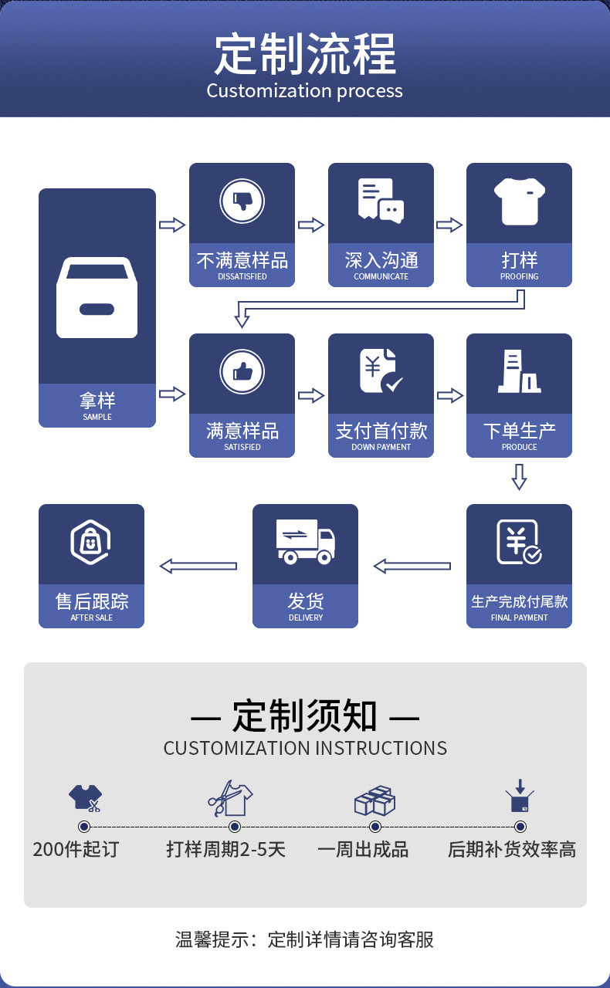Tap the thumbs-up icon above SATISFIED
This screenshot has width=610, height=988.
(242, 372)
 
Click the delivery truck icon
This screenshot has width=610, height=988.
(305, 541)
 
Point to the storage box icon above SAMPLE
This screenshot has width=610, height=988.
(97, 297)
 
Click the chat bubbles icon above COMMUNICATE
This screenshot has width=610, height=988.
(381, 201)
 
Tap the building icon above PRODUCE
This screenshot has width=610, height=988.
(519, 371)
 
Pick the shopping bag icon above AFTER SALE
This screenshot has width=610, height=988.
(91, 541)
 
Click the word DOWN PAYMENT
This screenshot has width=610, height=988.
(381, 447)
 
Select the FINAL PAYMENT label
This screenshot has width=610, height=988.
(519, 617)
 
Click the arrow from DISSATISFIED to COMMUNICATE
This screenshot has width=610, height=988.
(310, 225)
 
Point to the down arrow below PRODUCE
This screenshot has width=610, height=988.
(519, 477)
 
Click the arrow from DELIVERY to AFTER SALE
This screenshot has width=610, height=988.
(198, 567)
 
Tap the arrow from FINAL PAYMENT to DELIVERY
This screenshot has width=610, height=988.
(412, 567)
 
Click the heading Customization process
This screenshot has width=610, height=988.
(304, 91)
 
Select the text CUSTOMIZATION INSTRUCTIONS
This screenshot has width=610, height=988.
(305, 748)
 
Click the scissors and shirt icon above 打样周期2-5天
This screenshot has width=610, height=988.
(229, 798)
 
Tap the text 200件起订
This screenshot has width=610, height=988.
(76, 850)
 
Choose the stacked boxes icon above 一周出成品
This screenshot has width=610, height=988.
(374, 800)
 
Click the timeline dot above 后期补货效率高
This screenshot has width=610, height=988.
(520, 827)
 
